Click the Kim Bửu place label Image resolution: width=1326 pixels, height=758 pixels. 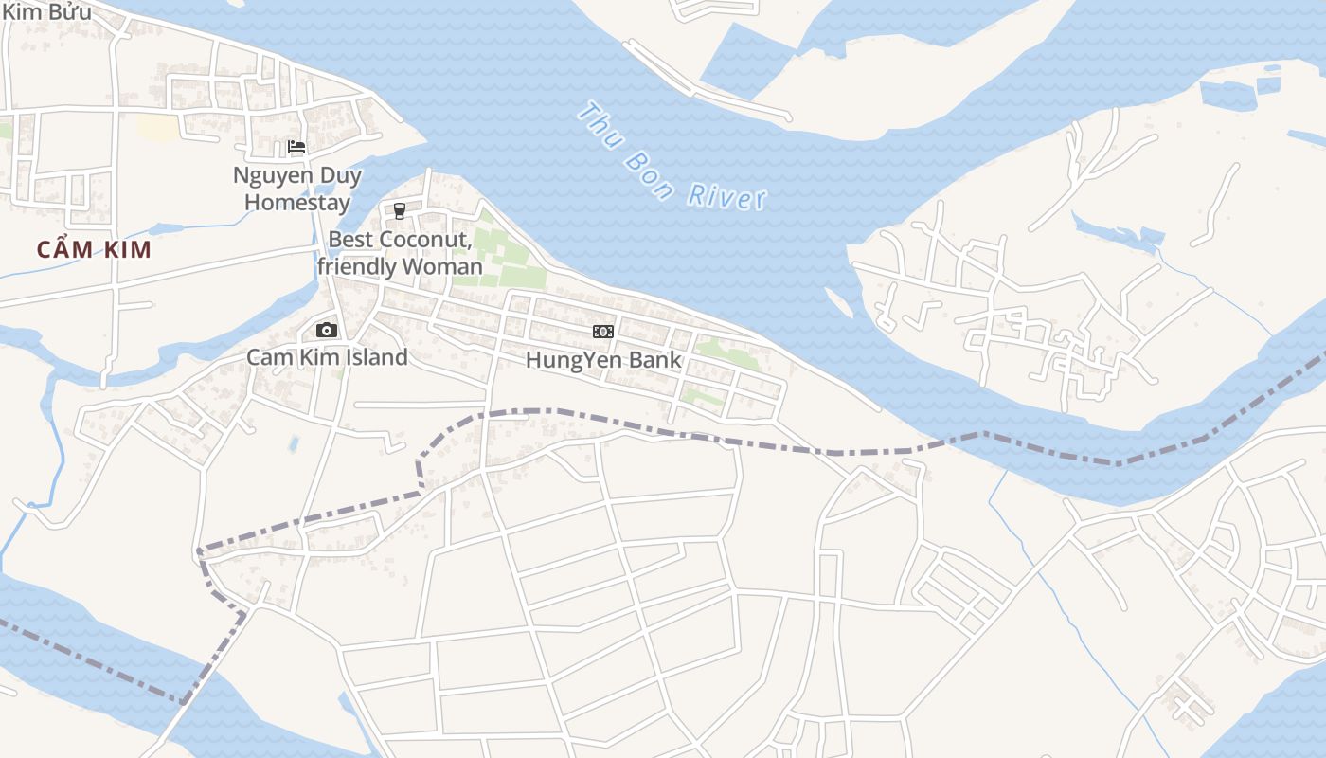[47, 11]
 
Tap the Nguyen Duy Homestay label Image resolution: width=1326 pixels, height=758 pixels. [297, 189]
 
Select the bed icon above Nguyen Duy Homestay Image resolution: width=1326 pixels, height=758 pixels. [296, 147]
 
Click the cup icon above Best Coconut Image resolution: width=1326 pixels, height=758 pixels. [400, 210]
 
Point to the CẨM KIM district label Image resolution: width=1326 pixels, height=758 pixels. [94, 250]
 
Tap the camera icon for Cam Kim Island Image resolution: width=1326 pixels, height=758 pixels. [327, 330]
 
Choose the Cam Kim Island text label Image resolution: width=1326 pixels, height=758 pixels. [327, 357]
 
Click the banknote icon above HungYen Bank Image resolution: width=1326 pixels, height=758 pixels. [603, 332]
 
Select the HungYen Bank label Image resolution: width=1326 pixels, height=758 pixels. [603, 360]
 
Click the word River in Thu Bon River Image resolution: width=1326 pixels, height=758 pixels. [726, 196]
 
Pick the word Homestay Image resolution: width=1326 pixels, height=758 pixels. [297, 202]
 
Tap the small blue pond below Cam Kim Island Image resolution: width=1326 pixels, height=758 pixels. [294, 442]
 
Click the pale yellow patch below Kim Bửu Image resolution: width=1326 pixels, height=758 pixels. [156, 128]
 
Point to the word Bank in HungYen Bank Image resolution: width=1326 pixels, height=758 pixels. [656, 360]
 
